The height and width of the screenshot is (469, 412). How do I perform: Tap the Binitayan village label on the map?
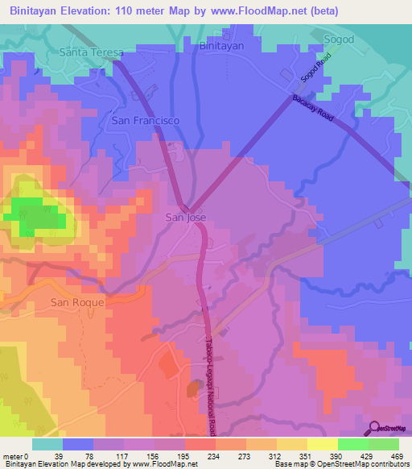[221, 47]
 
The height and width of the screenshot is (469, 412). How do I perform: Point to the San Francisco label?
[144, 120]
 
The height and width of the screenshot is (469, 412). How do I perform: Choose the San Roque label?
[77, 301]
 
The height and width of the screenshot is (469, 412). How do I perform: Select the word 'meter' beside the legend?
[13, 456]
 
